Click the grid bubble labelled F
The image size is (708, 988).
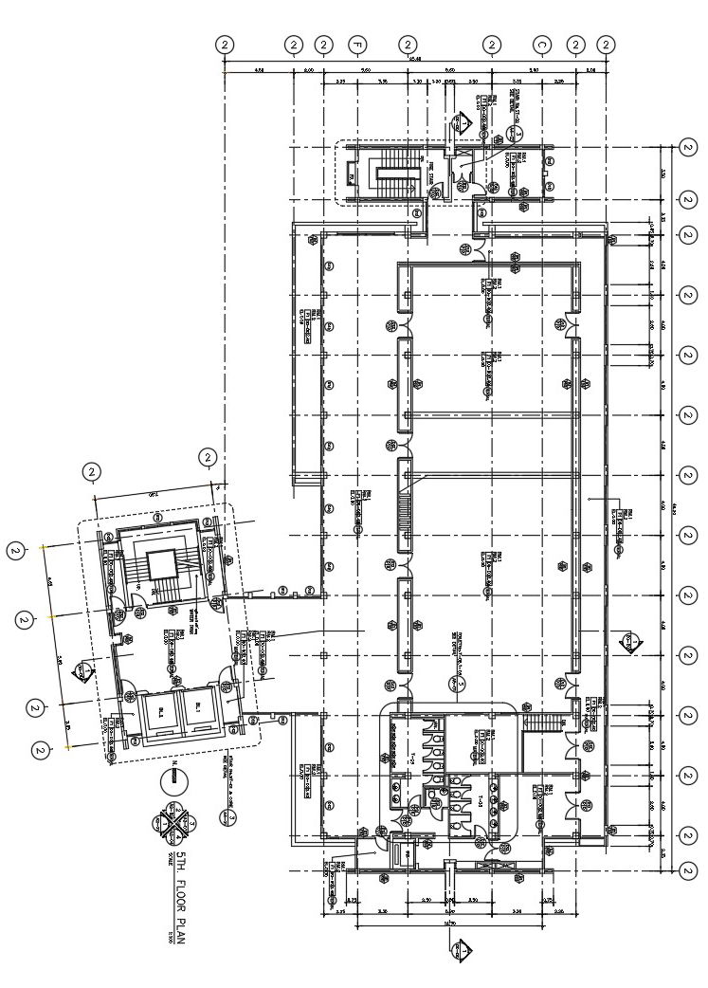click(x=356, y=45)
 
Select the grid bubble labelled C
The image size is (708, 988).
click(x=541, y=45)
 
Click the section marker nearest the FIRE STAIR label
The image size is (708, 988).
click(x=462, y=121)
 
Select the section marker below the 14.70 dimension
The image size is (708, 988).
click(x=461, y=948)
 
